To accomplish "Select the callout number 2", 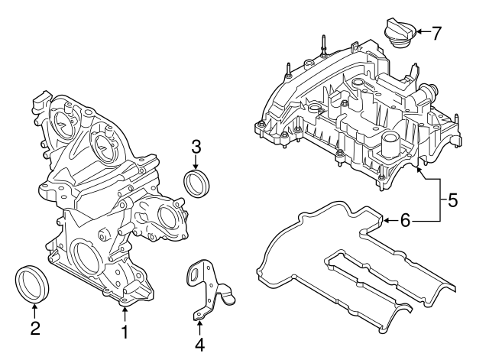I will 34,330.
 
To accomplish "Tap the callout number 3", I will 196,144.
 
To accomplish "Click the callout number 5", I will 452,201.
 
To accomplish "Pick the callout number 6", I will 405,220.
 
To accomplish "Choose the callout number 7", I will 436,33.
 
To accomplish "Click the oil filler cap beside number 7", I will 399,34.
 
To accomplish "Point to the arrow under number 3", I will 196,163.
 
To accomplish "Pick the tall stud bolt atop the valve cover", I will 324,44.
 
